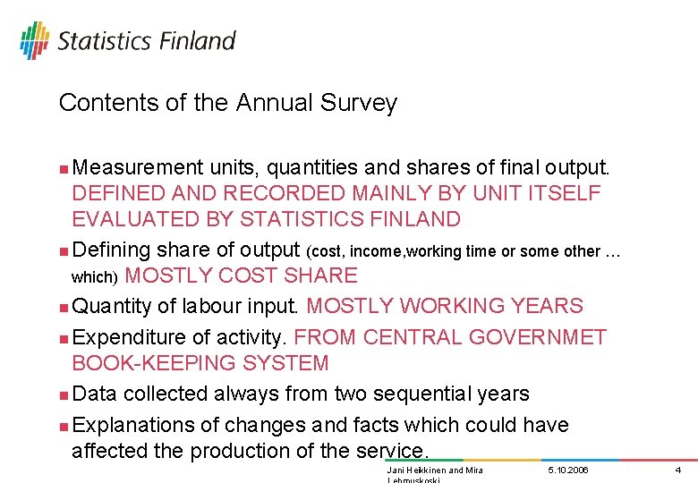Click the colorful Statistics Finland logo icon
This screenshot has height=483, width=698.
click(34, 40)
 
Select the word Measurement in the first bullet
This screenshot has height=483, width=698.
click(138, 167)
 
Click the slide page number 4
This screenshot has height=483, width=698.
click(678, 470)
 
